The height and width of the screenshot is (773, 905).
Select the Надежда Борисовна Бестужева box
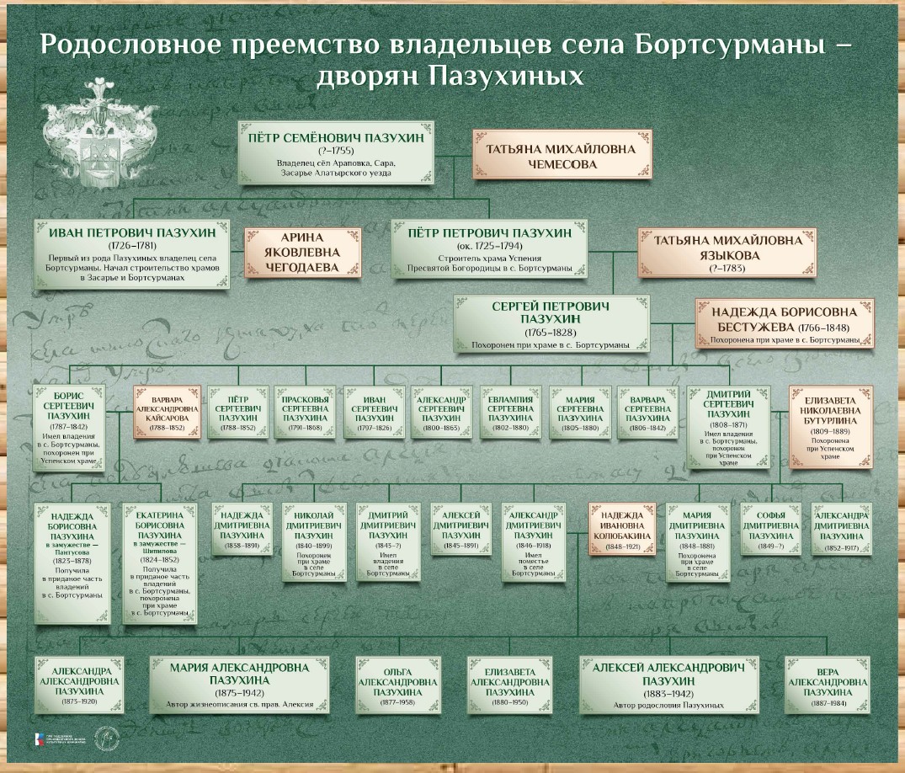779,323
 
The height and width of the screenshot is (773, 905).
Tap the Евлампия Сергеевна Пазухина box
510,412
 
